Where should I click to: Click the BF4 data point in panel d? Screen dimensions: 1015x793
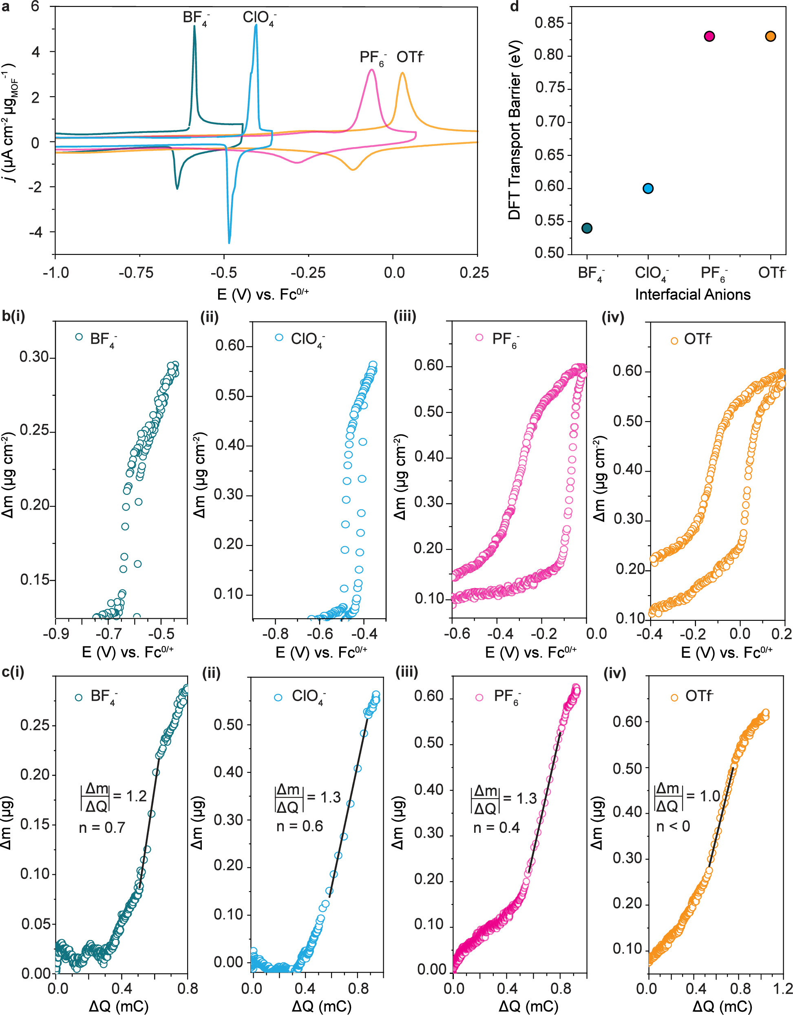pos(587,228)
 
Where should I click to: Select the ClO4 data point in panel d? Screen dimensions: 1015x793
pos(648,188)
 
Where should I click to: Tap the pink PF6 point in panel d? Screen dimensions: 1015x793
pos(709,36)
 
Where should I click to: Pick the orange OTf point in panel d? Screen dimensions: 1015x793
pos(770,36)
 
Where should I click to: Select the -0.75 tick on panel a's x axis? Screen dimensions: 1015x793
pos(136,273)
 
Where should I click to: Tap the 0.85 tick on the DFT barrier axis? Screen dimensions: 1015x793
pos(549,22)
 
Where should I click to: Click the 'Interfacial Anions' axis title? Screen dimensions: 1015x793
pos(693,294)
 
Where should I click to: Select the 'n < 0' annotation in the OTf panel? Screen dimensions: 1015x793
pos(673,826)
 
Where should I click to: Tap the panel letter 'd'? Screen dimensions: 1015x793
pos(515,7)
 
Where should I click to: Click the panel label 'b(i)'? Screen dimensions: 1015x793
pos(13,316)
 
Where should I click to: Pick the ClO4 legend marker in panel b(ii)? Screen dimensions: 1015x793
pos(279,338)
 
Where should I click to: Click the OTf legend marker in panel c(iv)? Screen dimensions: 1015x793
pos(674,697)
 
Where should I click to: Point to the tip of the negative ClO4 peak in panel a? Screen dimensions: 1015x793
pos(229,243)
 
